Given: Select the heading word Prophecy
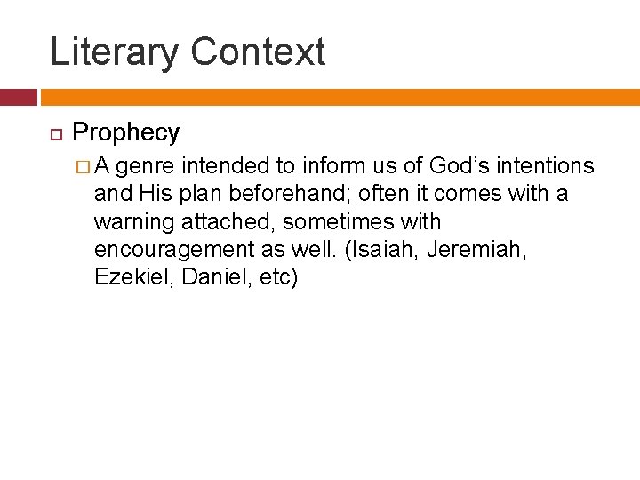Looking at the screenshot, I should pos(125,132).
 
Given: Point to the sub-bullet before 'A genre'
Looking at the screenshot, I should pos(82,166).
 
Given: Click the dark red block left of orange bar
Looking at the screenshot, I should pos(18,97).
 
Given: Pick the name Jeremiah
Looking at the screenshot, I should pos(476,249).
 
